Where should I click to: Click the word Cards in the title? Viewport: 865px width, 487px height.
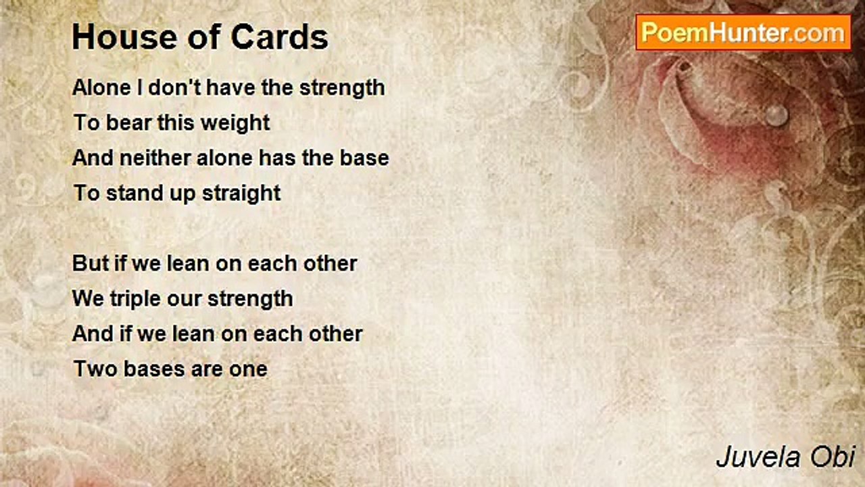click(280, 37)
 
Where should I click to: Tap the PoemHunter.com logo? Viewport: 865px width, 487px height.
click(743, 33)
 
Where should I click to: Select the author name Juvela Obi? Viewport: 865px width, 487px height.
click(785, 457)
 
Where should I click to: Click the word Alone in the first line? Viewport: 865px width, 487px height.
click(101, 87)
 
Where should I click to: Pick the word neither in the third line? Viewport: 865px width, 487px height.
click(155, 158)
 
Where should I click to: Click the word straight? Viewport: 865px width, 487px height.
click(241, 193)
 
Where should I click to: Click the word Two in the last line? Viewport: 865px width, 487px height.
click(95, 369)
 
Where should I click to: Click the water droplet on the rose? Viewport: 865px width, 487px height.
click(776, 114)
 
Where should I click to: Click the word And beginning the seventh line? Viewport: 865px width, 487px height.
click(93, 333)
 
